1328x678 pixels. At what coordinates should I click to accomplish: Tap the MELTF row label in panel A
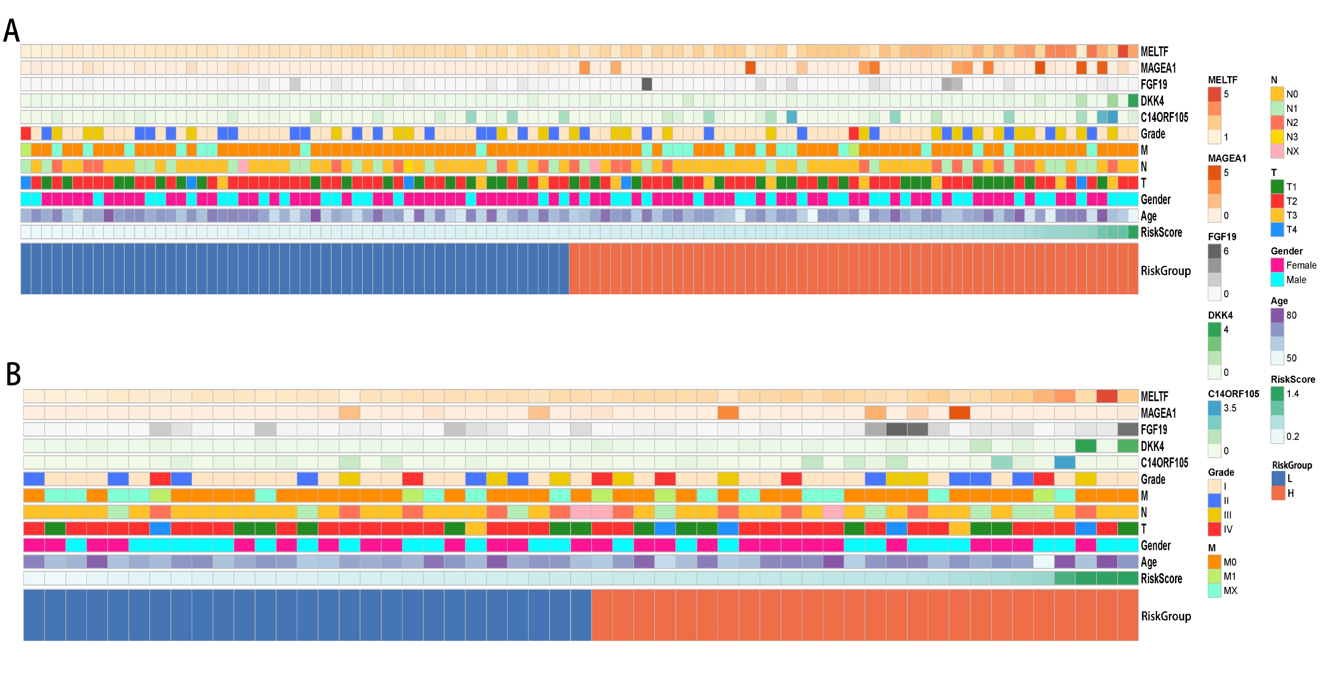pos(1154,52)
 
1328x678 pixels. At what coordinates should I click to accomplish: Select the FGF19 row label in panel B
pos(1154,430)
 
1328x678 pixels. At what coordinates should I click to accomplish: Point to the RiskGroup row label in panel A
pos(1166,271)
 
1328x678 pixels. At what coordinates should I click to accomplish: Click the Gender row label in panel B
pos(1155,546)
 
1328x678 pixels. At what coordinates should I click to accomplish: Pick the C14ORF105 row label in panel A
pos(1164,117)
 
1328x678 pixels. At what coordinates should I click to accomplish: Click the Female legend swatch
pos(1277,265)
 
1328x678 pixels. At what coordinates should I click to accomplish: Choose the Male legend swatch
pos(1277,280)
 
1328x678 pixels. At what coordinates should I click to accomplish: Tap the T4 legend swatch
pos(1277,230)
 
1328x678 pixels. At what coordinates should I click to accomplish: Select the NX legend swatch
pos(1277,151)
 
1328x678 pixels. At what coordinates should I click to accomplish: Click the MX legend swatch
pos(1214,591)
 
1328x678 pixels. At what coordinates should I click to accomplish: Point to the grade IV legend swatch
pos(1214,529)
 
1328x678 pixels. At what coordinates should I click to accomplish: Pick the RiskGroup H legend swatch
pos(1278,493)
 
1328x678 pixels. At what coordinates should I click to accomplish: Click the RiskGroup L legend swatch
pos(1278,479)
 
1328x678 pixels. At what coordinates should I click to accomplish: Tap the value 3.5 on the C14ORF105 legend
pos(1230,408)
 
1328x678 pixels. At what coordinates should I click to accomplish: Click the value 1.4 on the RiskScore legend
pos(1292,394)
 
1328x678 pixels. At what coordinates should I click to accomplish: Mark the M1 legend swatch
pos(1214,576)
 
